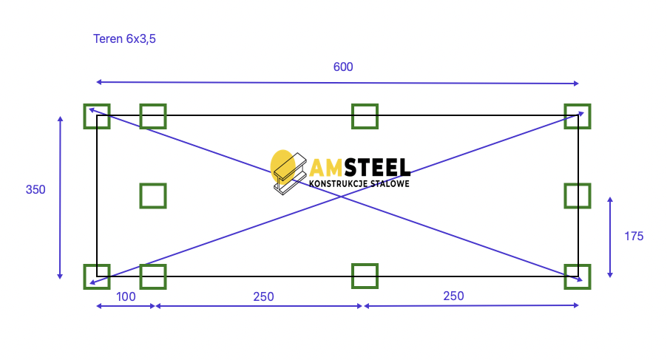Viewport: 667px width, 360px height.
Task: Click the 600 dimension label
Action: pos(343,67)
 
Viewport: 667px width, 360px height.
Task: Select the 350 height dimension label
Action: pos(35,189)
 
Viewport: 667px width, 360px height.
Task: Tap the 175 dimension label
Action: pos(634,237)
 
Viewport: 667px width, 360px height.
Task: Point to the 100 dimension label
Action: pos(126,296)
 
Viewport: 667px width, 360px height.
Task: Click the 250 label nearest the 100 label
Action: pos(263,296)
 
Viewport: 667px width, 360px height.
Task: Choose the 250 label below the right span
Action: pos(453,296)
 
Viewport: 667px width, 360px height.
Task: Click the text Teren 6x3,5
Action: pos(124,38)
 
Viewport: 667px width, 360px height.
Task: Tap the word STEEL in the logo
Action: pos(377,168)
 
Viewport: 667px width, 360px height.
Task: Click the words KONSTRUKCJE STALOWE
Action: pos(359,183)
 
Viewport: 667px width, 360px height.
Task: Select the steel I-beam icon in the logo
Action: pos(290,173)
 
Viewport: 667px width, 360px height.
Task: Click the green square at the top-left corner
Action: pos(97,116)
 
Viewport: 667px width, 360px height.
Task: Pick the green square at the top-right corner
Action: pos(578,116)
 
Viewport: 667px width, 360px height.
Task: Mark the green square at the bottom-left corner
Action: pos(97,276)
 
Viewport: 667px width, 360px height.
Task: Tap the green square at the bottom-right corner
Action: pos(578,276)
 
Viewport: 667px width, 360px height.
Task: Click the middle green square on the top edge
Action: pos(365,116)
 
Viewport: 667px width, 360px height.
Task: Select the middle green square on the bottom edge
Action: pos(365,276)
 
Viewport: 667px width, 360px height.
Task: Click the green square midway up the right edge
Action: pos(578,195)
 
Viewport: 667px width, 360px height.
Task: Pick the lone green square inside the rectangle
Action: pos(153,195)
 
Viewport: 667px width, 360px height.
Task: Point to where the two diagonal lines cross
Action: pos(341,197)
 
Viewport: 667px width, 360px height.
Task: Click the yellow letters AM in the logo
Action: pos(326,168)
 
